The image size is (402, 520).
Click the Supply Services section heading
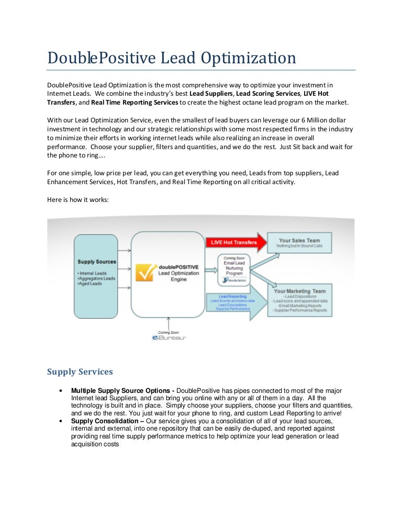point(80,372)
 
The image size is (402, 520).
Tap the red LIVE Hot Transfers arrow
point(236,242)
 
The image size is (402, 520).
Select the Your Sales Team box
point(299,243)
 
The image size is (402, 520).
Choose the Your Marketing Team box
point(299,300)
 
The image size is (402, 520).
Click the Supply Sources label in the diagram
point(96,262)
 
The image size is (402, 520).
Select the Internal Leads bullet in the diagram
point(93,273)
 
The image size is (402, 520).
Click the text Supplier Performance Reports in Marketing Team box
point(300,310)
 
